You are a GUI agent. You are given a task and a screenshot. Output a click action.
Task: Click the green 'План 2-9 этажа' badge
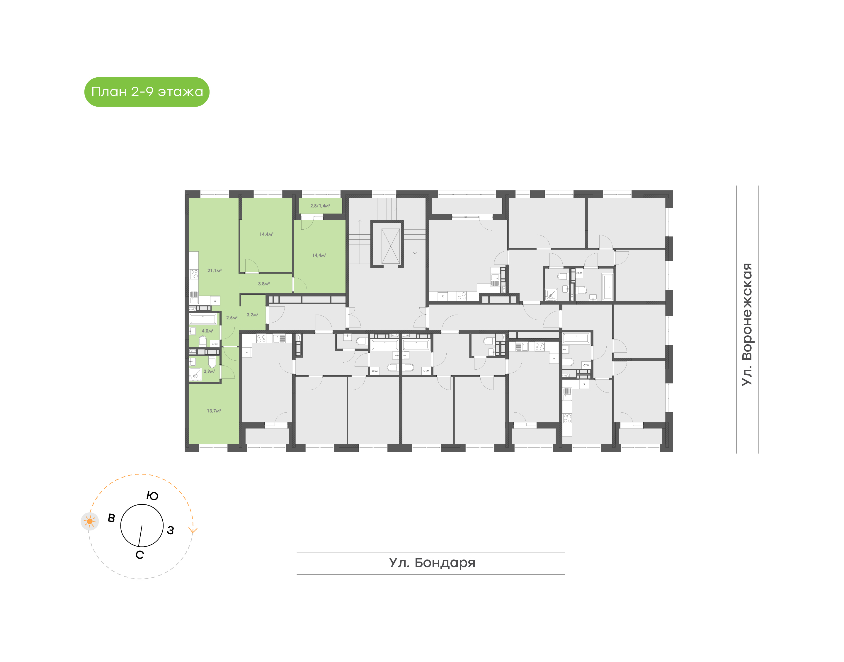click(x=147, y=92)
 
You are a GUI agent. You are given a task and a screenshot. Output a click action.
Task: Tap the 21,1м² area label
click(x=215, y=271)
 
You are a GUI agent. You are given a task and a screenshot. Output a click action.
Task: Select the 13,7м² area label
click(x=214, y=411)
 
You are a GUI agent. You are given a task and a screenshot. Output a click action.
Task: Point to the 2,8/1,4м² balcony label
click(x=320, y=206)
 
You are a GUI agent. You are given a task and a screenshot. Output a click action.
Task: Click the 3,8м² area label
click(x=264, y=284)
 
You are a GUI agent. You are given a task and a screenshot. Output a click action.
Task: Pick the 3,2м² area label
click(x=252, y=315)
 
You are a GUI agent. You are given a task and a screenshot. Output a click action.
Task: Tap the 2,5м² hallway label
click(x=232, y=318)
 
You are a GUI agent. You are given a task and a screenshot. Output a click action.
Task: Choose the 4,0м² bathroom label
click(x=207, y=331)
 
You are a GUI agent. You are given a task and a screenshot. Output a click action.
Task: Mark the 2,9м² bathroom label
click(x=209, y=371)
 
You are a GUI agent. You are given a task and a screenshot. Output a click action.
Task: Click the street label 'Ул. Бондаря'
click(x=432, y=563)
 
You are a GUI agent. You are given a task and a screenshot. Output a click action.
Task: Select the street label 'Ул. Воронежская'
click(x=747, y=324)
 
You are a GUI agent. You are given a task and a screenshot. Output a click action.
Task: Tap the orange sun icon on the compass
click(x=90, y=521)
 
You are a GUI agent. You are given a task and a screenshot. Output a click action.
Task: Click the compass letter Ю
click(x=152, y=496)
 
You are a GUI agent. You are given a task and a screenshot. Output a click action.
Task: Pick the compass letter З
click(x=170, y=530)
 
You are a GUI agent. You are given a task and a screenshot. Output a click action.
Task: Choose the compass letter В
click(x=111, y=518)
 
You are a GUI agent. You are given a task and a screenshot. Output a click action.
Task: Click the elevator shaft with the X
click(x=390, y=246)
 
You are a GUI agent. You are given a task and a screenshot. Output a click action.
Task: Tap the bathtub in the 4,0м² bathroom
click(x=203, y=319)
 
